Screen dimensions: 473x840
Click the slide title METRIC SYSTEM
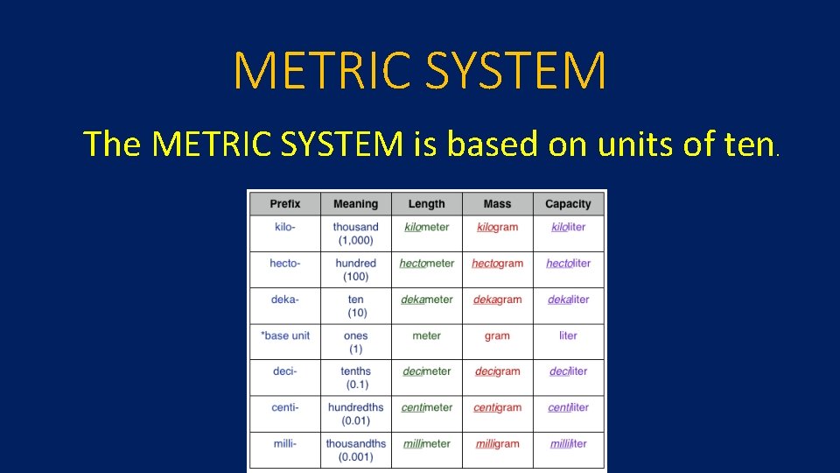pyautogui.click(x=420, y=71)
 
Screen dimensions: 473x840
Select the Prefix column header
pyautogui.click(x=284, y=204)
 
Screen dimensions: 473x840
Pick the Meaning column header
pyautogui.click(x=355, y=204)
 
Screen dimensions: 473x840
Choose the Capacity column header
pyautogui.click(x=568, y=204)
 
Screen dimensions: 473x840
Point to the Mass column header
pyautogui.click(x=497, y=204)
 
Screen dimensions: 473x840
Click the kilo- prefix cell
pyautogui.click(x=284, y=227)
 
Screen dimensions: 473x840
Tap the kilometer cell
pyautogui.click(x=426, y=227)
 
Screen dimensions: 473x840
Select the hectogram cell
pyautogui.click(x=497, y=263)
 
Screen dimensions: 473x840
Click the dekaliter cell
pyautogui.click(x=568, y=300)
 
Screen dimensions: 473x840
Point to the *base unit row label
pyautogui.click(x=285, y=335)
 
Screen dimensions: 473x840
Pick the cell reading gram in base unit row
pyautogui.click(x=497, y=335)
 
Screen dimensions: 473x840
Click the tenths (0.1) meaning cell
pyautogui.click(x=355, y=378)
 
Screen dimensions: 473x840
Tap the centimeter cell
pyautogui.click(x=427, y=407)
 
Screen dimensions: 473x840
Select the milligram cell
pyautogui.click(x=497, y=443)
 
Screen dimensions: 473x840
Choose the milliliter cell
pyautogui.click(x=568, y=443)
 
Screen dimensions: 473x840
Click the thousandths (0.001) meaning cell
pyautogui.click(x=355, y=449)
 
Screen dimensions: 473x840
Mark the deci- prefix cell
pyautogui.click(x=284, y=371)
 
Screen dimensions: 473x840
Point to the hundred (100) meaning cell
pyautogui.click(x=355, y=270)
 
